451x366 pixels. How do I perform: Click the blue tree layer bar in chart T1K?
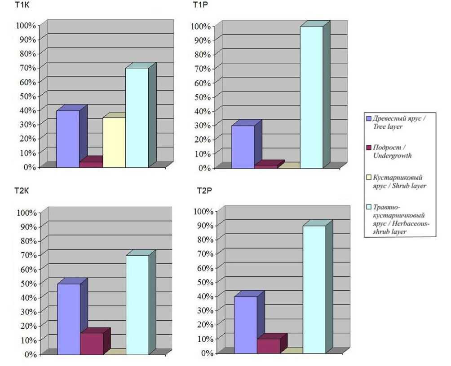[68, 139]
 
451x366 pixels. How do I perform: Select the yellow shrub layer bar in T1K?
[114, 142]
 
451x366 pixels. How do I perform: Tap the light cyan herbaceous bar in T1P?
[311, 97]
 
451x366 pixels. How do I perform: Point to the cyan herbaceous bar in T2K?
[137, 305]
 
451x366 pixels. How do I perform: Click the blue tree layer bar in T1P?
[243, 147]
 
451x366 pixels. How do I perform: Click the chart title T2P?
[204, 191]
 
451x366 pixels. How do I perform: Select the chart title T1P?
[200, 5]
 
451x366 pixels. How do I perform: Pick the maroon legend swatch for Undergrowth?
[369, 147]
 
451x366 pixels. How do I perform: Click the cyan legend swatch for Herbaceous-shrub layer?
[369, 207]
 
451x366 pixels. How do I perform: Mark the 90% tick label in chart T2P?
[202, 225]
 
